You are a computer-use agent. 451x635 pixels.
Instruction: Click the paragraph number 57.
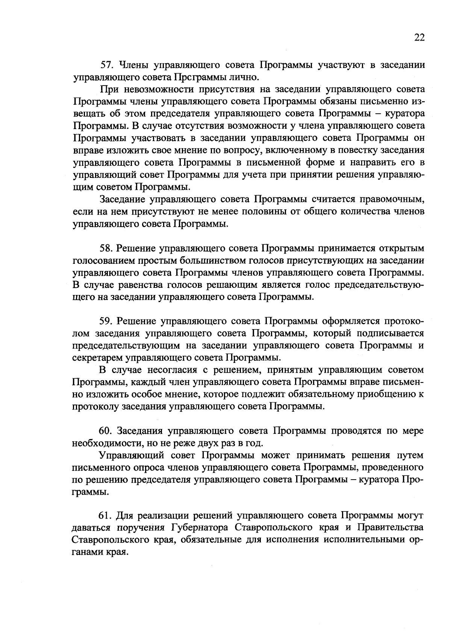click(107, 65)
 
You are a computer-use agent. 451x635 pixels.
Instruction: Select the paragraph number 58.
click(106, 248)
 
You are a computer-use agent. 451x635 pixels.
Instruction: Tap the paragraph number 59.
click(106, 321)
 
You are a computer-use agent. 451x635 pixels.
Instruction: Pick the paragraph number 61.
click(106, 515)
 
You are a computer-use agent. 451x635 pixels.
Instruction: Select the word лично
click(246, 78)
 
